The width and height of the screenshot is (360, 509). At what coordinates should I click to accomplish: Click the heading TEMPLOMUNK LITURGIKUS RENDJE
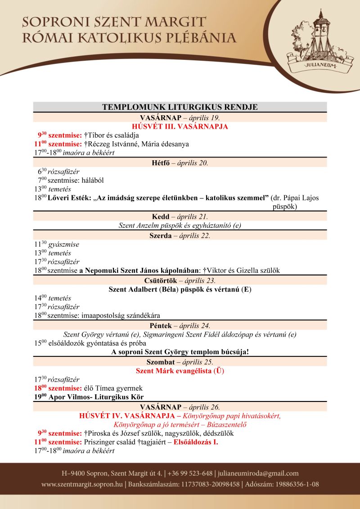point(180,107)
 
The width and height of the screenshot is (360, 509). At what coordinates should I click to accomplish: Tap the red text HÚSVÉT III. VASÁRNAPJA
point(180,126)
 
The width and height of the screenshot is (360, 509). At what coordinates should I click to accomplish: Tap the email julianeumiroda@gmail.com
point(257,473)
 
